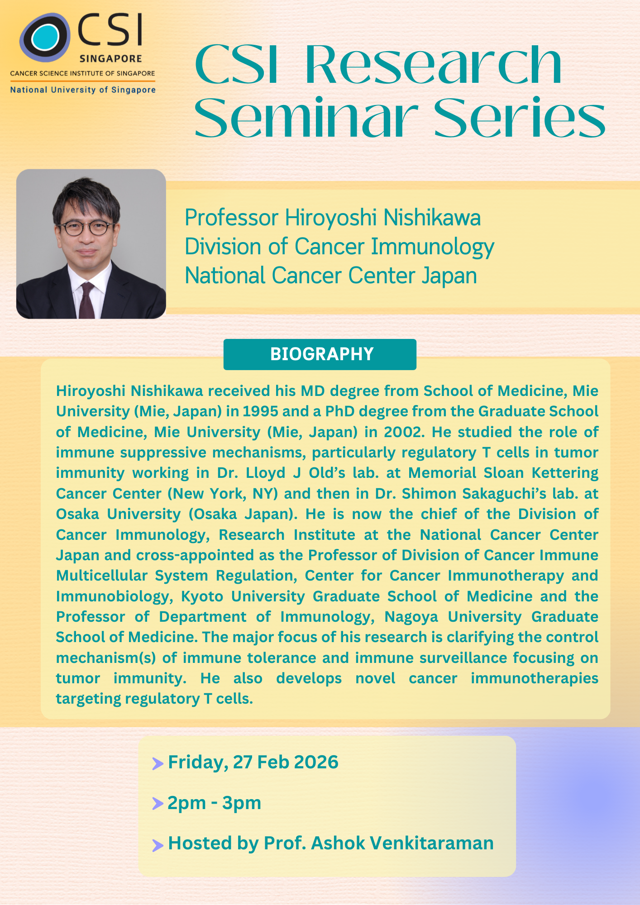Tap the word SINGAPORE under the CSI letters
(x=111, y=59)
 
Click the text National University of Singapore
(x=83, y=90)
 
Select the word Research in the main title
(x=434, y=64)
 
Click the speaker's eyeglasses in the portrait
(x=86, y=228)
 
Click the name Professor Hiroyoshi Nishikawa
(x=333, y=218)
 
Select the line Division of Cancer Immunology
(x=339, y=247)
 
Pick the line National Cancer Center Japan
(x=331, y=276)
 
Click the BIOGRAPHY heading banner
(x=320, y=354)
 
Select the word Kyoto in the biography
(x=202, y=596)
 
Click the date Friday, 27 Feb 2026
(x=253, y=762)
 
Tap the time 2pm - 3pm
(x=215, y=803)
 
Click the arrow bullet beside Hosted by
(x=158, y=845)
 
